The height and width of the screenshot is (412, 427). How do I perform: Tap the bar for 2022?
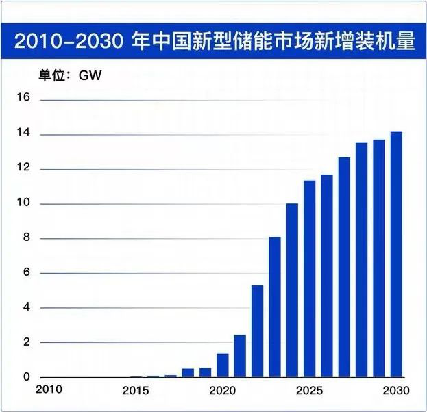(x=257, y=331)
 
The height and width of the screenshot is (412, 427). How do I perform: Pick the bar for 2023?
(x=274, y=307)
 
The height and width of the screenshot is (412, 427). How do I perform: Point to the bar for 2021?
(x=240, y=356)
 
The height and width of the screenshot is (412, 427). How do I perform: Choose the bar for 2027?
(x=344, y=267)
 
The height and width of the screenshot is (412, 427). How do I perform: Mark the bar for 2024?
(x=292, y=290)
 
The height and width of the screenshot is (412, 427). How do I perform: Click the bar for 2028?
(x=361, y=260)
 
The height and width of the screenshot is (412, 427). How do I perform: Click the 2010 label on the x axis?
(x=51, y=389)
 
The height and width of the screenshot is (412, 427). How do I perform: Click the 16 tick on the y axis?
(x=23, y=99)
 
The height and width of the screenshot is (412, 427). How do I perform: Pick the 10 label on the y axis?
(x=23, y=203)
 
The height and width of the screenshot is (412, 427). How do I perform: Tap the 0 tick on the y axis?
(x=26, y=377)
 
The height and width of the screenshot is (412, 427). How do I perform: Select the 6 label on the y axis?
(x=26, y=273)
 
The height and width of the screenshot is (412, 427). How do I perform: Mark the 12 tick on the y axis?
(x=23, y=168)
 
